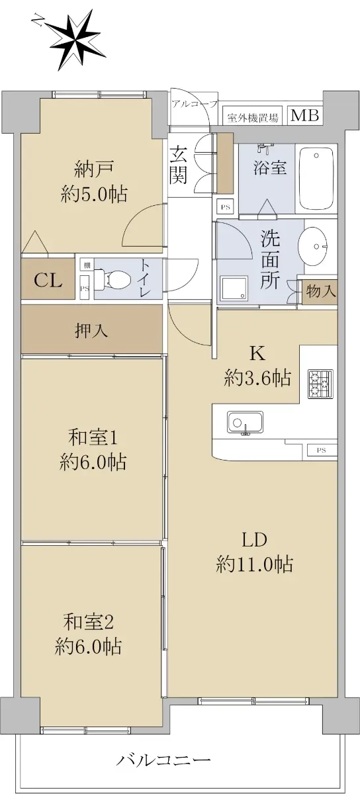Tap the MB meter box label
point(304,116)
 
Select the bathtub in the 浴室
point(316,179)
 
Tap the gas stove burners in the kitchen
point(320,384)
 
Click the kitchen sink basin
point(245,423)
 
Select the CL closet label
point(48,281)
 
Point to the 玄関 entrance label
point(178,165)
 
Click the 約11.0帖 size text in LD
point(254,564)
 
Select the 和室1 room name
point(93,439)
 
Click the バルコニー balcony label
point(164,759)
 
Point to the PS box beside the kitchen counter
point(322,451)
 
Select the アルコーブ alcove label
point(195,104)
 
